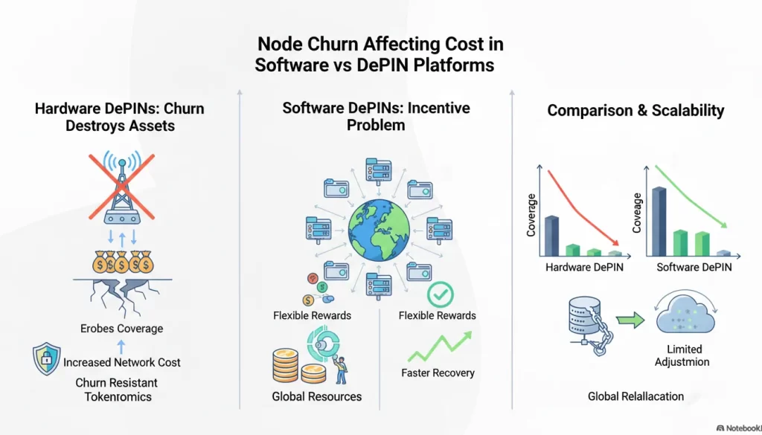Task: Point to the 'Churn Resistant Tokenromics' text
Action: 117,390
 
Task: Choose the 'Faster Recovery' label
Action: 438,373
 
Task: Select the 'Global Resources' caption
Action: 317,396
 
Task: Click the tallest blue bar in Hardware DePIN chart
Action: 551,235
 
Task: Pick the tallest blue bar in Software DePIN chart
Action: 659,221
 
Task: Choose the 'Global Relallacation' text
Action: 635,396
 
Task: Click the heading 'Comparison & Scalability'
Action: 635,111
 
